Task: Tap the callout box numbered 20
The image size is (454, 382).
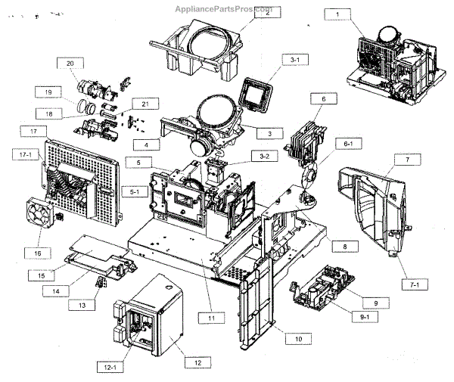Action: click(x=70, y=63)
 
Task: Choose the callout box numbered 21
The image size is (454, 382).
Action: click(x=140, y=103)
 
